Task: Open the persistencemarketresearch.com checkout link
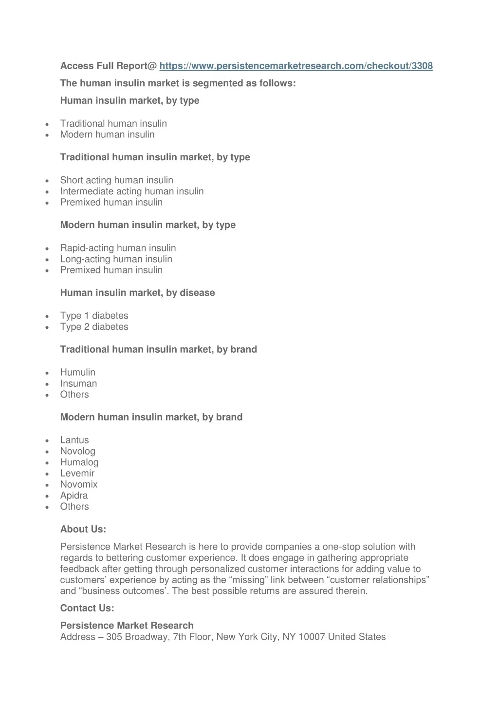coord(295,66)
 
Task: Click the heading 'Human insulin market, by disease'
coord(137,293)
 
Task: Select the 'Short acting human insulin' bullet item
coord(116,180)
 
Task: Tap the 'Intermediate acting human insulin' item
coord(132,191)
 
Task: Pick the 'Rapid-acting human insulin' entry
coord(118,248)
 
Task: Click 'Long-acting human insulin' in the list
coord(116,259)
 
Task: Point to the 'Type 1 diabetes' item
coord(94,316)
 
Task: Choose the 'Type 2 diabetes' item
coord(94,327)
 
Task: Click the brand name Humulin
coord(78,372)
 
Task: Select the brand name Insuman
coord(78,383)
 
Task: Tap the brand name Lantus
coord(74,440)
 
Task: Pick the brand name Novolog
coord(78,451)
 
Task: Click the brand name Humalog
coord(79,462)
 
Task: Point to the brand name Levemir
coord(77,473)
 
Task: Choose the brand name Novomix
coord(79,484)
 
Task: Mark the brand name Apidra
coord(74,495)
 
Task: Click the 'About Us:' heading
coord(83,529)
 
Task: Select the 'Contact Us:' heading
coord(87,608)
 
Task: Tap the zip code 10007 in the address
coord(312,637)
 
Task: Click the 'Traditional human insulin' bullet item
coord(113,124)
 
